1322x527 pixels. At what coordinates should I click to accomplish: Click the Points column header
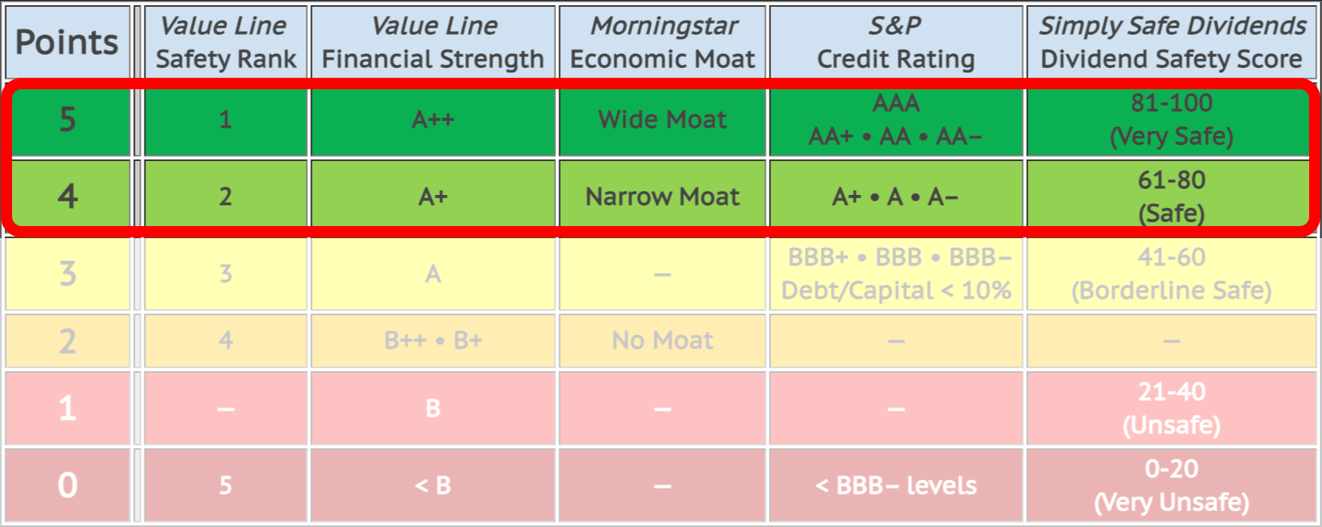[x=67, y=42]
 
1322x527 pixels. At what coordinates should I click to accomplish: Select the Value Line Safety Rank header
[x=226, y=42]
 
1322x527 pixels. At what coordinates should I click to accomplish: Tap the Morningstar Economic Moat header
[x=662, y=42]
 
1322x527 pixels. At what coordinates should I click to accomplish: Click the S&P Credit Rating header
[x=896, y=42]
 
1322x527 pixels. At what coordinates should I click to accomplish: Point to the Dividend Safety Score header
[x=1171, y=42]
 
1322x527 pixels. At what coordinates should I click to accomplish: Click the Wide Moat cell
[x=662, y=119]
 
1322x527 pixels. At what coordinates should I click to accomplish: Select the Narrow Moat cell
[x=662, y=197]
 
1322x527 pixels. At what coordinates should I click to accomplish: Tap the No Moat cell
[x=662, y=340]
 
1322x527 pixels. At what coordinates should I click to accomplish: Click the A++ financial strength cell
[x=433, y=119]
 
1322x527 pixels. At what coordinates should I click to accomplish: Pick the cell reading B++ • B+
[x=433, y=340]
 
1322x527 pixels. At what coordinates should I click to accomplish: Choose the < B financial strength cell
[x=433, y=485]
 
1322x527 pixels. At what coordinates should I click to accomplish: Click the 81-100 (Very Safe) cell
[x=1171, y=119]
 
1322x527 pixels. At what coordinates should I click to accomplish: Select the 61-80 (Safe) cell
[x=1171, y=197]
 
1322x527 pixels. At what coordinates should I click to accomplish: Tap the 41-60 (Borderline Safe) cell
[x=1171, y=274]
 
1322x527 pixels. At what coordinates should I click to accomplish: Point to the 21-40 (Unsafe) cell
[x=1171, y=408]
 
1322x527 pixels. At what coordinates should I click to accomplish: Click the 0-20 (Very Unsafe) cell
[x=1171, y=485]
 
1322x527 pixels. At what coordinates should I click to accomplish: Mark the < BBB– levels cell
[x=896, y=485]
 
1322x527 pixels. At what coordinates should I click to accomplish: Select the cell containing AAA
[x=896, y=119]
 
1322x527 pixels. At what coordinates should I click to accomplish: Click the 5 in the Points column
[x=67, y=119]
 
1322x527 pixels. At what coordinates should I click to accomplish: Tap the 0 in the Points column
[x=67, y=485]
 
